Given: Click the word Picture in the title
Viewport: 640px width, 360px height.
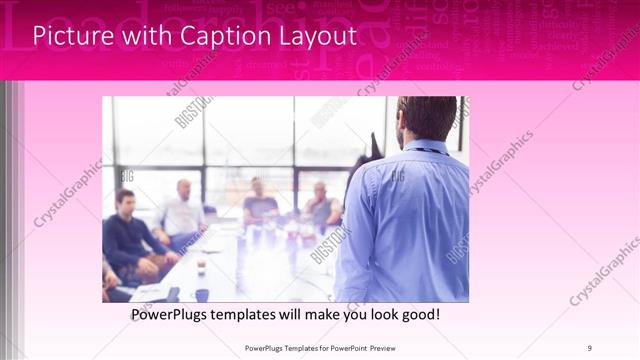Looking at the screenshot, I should tap(70, 37).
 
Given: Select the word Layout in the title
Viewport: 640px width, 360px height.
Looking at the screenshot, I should tap(315, 37).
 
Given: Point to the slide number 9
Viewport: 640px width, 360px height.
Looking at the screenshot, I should tap(589, 348).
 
